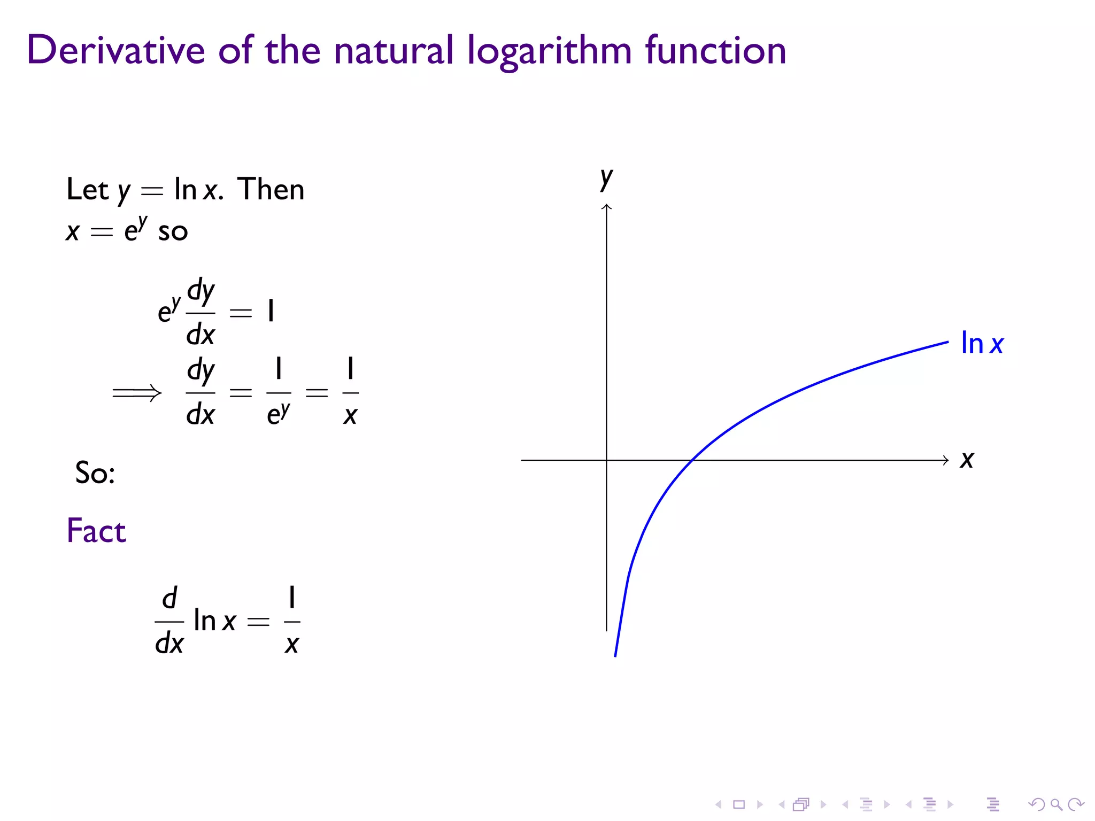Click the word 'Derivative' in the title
[x=115, y=50]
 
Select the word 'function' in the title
[x=715, y=50]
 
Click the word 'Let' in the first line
[x=87, y=190]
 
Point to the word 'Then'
[x=271, y=189]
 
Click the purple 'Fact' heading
[x=96, y=531]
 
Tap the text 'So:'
[x=95, y=473]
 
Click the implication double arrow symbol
[x=137, y=393]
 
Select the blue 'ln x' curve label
[x=982, y=343]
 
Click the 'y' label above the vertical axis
[x=606, y=178]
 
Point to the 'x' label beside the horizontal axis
[x=967, y=460]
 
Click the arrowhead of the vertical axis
[x=606, y=206]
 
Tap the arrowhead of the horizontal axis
[x=945, y=460]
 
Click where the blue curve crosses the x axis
[x=692, y=460]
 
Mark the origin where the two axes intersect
[x=606, y=460]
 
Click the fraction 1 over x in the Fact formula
[x=292, y=621]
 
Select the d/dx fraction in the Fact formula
[x=169, y=621]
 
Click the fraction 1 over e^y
[x=279, y=393]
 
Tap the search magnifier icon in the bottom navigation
[x=1056, y=804]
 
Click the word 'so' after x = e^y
[x=173, y=232]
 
